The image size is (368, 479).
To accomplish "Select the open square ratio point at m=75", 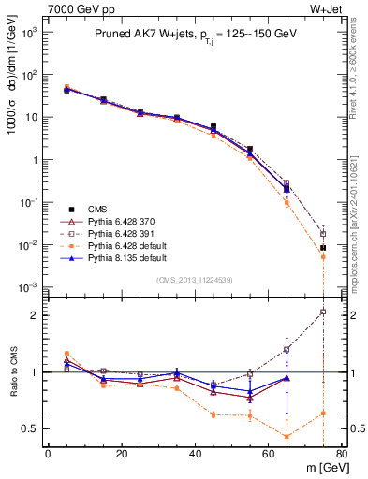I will pyautogui.click(x=323, y=312).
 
